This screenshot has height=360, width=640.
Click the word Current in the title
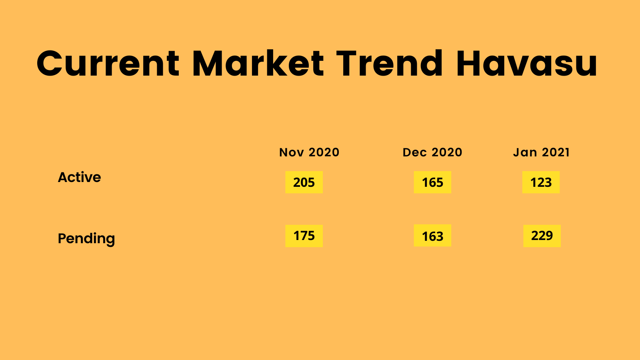pos(108,64)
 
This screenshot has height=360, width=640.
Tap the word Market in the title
pos(258,63)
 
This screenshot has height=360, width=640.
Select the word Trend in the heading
pos(390,63)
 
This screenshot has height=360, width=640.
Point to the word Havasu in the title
pos(526,63)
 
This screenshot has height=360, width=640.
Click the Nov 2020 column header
pos(309,152)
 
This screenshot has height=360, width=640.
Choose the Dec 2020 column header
pos(432,152)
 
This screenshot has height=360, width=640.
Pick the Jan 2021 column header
pos(541,152)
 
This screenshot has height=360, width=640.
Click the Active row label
pos(80,177)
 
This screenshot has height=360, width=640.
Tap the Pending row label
pos(86,238)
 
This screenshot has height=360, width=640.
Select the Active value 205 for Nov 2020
pos(304,182)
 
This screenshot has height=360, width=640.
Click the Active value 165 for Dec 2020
pos(432,182)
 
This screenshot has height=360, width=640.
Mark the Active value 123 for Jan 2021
pos(541,182)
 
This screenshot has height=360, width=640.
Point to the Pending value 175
pos(304,236)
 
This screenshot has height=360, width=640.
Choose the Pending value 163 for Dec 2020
pos(432,236)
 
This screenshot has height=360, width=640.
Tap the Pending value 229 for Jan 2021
pos(542,236)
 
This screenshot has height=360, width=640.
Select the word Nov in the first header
pos(292,152)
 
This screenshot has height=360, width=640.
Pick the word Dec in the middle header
pos(414,152)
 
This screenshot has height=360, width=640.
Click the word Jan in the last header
pos(525,152)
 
